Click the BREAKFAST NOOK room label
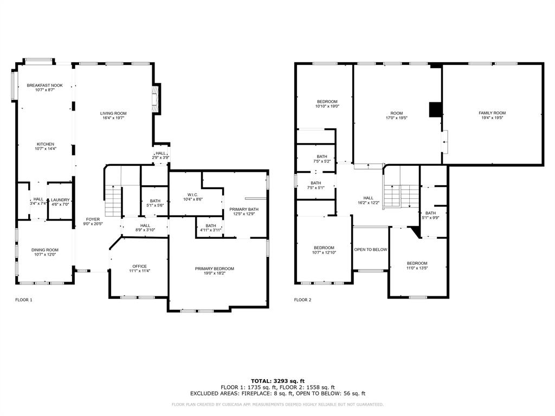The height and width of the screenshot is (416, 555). point(45,85)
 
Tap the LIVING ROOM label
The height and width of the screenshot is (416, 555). point(113,113)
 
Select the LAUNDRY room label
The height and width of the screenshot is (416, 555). point(60,200)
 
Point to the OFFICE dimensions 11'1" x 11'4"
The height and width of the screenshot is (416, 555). point(139,271)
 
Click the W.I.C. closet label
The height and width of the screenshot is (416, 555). point(193,195)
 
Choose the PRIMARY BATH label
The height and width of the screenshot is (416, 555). point(244,210)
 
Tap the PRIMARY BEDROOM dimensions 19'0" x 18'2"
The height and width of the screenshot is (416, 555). point(215,273)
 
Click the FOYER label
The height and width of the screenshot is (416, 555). point(93,219)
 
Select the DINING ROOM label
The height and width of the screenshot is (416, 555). point(45,250)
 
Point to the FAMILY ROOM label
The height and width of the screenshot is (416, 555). point(492,113)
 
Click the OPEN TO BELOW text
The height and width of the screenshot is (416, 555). point(371,249)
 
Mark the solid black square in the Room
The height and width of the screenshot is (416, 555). point(435,109)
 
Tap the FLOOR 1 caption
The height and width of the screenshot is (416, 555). point(24,300)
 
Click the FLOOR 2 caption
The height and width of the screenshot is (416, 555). point(302,300)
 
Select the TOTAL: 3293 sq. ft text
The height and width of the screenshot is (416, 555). point(278,381)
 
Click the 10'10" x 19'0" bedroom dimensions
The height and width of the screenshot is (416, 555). point(327,106)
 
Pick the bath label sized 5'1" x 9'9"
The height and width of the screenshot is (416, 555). point(430,213)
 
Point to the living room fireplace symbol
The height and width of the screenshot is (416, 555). point(154,99)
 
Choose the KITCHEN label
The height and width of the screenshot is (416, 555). point(46,144)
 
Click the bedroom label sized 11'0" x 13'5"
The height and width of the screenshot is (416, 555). point(417,263)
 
